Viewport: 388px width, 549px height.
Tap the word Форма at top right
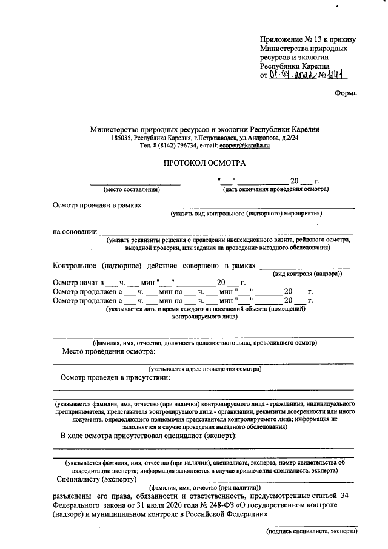[x=346, y=93]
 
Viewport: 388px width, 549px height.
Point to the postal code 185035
[x=122, y=138]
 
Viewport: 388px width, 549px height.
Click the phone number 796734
[x=181, y=146]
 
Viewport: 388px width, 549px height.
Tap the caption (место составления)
[x=132, y=190]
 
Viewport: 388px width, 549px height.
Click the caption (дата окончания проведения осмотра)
[x=276, y=190]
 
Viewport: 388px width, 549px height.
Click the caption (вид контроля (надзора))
[x=307, y=274]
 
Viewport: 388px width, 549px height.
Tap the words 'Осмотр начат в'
[x=78, y=283]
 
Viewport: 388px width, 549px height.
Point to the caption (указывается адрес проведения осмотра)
[x=205, y=368]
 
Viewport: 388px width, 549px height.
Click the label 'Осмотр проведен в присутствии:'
[x=115, y=377]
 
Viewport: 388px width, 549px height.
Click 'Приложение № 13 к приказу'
[x=307, y=39]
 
